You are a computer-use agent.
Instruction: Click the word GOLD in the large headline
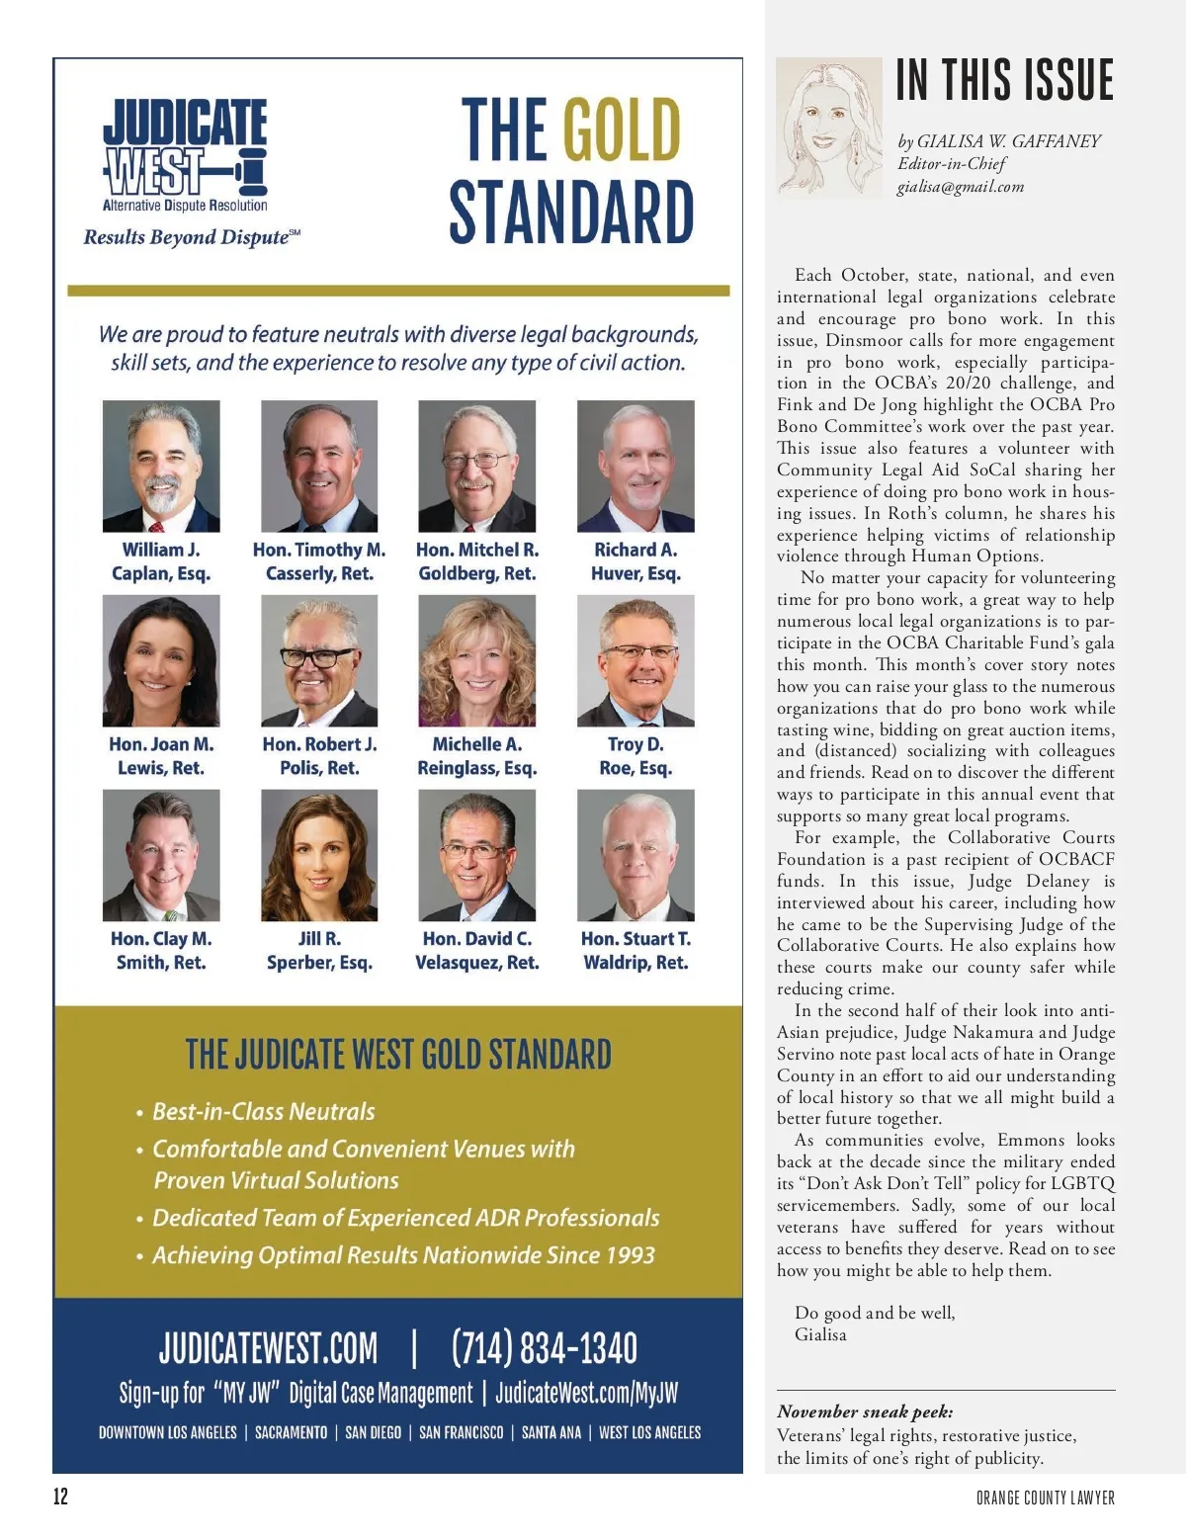click(x=622, y=129)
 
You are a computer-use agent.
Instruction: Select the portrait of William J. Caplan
click(x=161, y=467)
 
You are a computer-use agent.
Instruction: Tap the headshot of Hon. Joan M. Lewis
click(x=161, y=661)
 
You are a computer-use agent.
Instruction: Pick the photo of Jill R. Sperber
click(x=319, y=856)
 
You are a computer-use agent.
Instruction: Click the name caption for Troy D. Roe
click(x=635, y=756)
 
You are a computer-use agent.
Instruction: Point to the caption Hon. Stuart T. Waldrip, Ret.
click(x=635, y=951)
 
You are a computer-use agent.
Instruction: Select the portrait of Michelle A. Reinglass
click(x=477, y=661)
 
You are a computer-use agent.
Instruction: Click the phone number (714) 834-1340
click(x=545, y=1347)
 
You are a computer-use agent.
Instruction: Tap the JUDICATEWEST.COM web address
click(x=268, y=1347)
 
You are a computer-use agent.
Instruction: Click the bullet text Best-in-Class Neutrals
click(x=264, y=1111)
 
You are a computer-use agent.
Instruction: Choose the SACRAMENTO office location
click(x=291, y=1432)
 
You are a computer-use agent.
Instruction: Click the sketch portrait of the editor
click(x=828, y=128)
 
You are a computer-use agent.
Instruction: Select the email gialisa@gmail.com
click(x=960, y=187)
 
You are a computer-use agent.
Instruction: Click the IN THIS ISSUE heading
click(x=1004, y=80)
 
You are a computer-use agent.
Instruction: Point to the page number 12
click(x=61, y=1497)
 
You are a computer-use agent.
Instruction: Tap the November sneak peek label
click(x=865, y=1412)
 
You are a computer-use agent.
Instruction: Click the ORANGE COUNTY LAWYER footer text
click(x=1045, y=1498)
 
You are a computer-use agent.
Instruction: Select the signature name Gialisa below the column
click(x=820, y=1334)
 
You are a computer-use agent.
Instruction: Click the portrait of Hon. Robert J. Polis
click(x=319, y=661)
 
